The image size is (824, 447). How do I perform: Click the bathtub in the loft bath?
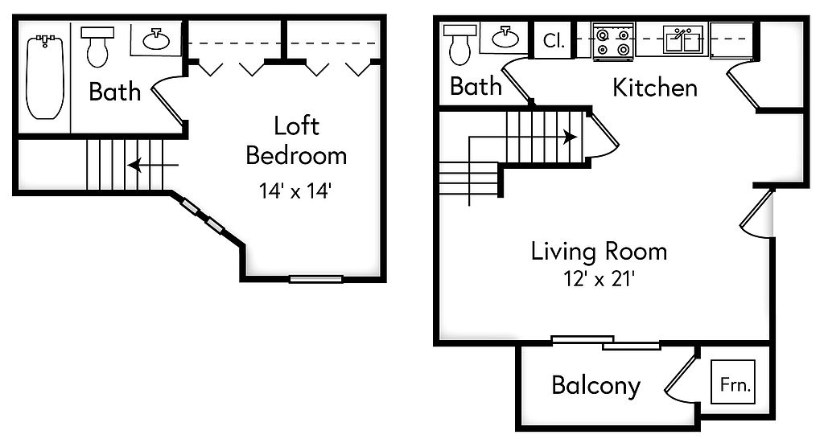[45, 76]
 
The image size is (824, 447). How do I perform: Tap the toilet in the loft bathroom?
[97, 47]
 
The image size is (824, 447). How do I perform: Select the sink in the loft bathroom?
[156, 39]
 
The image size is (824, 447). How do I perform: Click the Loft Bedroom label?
[296, 141]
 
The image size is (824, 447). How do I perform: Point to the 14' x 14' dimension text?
[295, 191]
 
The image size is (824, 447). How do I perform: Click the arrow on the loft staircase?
[153, 166]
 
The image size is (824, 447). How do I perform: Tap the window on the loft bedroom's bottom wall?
[315, 279]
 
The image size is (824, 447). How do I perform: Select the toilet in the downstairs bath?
[459, 44]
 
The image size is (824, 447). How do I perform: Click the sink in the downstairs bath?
[505, 37]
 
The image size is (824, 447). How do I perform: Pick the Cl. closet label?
[554, 40]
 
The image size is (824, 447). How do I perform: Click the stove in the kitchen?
[613, 41]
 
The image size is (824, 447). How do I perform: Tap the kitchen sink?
[682, 39]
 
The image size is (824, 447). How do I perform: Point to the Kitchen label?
[655, 88]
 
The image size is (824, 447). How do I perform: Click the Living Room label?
[599, 251]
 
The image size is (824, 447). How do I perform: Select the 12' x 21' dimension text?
[599, 278]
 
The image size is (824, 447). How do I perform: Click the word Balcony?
[596, 386]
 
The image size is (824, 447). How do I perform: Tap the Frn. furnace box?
[732, 382]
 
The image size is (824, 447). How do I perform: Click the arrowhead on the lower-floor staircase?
[571, 137]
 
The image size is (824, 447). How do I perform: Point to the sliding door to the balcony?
[605, 342]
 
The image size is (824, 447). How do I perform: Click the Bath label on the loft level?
[114, 92]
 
